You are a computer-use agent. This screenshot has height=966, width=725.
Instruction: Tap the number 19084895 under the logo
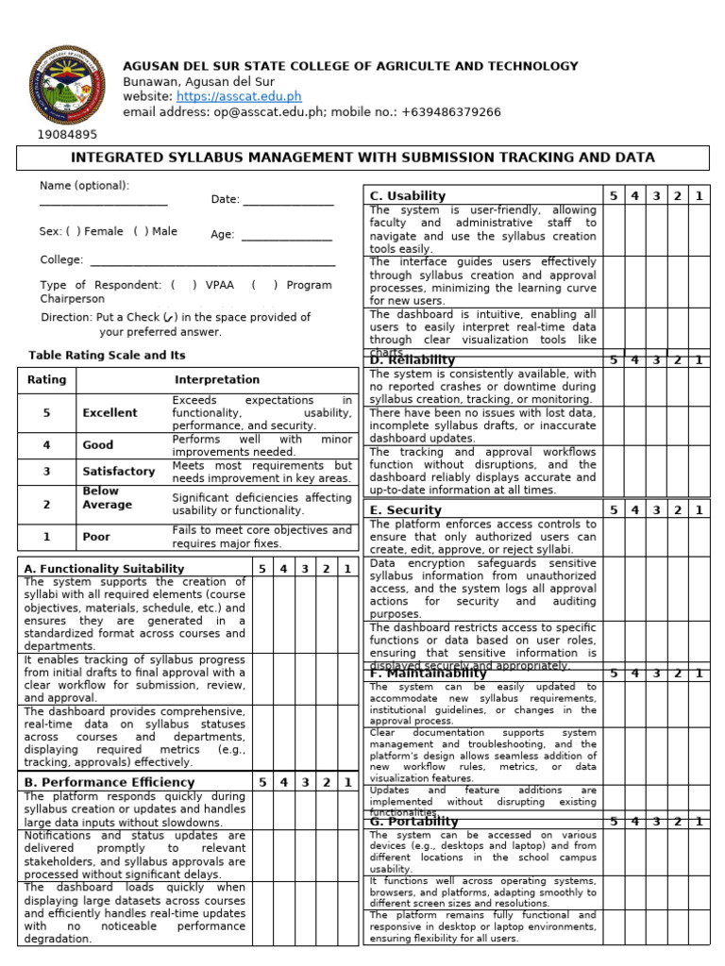(x=67, y=135)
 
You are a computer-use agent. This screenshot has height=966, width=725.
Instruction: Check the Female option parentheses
(x=72, y=231)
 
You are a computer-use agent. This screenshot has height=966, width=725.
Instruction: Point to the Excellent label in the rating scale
(x=110, y=413)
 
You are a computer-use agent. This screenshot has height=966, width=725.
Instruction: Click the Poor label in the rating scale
(x=96, y=537)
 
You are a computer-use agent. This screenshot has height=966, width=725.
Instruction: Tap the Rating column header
(x=47, y=380)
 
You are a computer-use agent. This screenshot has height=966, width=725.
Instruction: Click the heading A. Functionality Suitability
(x=104, y=569)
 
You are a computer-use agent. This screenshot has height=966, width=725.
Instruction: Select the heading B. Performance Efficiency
(x=109, y=782)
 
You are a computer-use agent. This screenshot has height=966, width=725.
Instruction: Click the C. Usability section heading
(x=408, y=196)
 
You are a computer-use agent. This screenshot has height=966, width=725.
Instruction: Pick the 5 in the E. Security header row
(x=614, y=510)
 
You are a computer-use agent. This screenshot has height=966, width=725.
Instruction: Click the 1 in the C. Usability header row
(x=700, y=196)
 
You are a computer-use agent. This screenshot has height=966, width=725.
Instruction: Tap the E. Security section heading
(x=406, y=510)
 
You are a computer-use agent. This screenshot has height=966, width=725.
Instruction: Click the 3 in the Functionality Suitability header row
(x=304, y=569)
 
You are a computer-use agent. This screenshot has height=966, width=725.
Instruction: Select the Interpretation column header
(x=217, y=380)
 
